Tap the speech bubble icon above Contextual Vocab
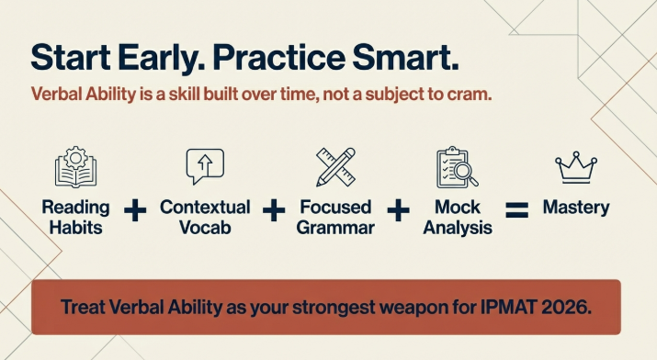point(205,167)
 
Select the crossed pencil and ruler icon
point(334,167)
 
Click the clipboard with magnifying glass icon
point(457,167)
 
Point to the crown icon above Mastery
point(576,169)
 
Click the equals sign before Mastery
point(518,210)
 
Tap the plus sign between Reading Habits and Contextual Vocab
point(135,210)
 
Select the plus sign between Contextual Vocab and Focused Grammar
point(273,210)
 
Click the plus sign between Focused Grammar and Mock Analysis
point(398,210)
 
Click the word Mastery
point(576,208)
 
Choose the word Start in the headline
point(67,58)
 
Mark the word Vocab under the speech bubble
point(205,227)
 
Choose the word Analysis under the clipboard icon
point(457,227)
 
